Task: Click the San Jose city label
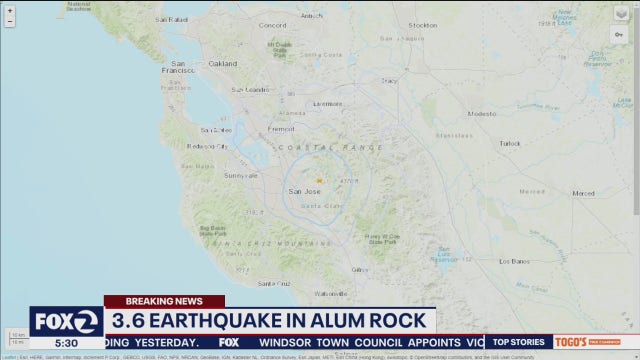point(304,191)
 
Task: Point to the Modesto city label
point(482,113)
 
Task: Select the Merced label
point(583,193)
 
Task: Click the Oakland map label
point(222,63)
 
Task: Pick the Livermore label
point(326,103)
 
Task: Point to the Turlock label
point(510,143)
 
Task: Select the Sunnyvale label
point(240,175)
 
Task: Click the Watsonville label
point(330,293)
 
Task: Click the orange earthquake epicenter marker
point(319,180)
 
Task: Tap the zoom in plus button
point(10,11)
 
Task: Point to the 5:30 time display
point(66,342)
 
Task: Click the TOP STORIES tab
point(518,342)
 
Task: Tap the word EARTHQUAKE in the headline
point(224,321)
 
